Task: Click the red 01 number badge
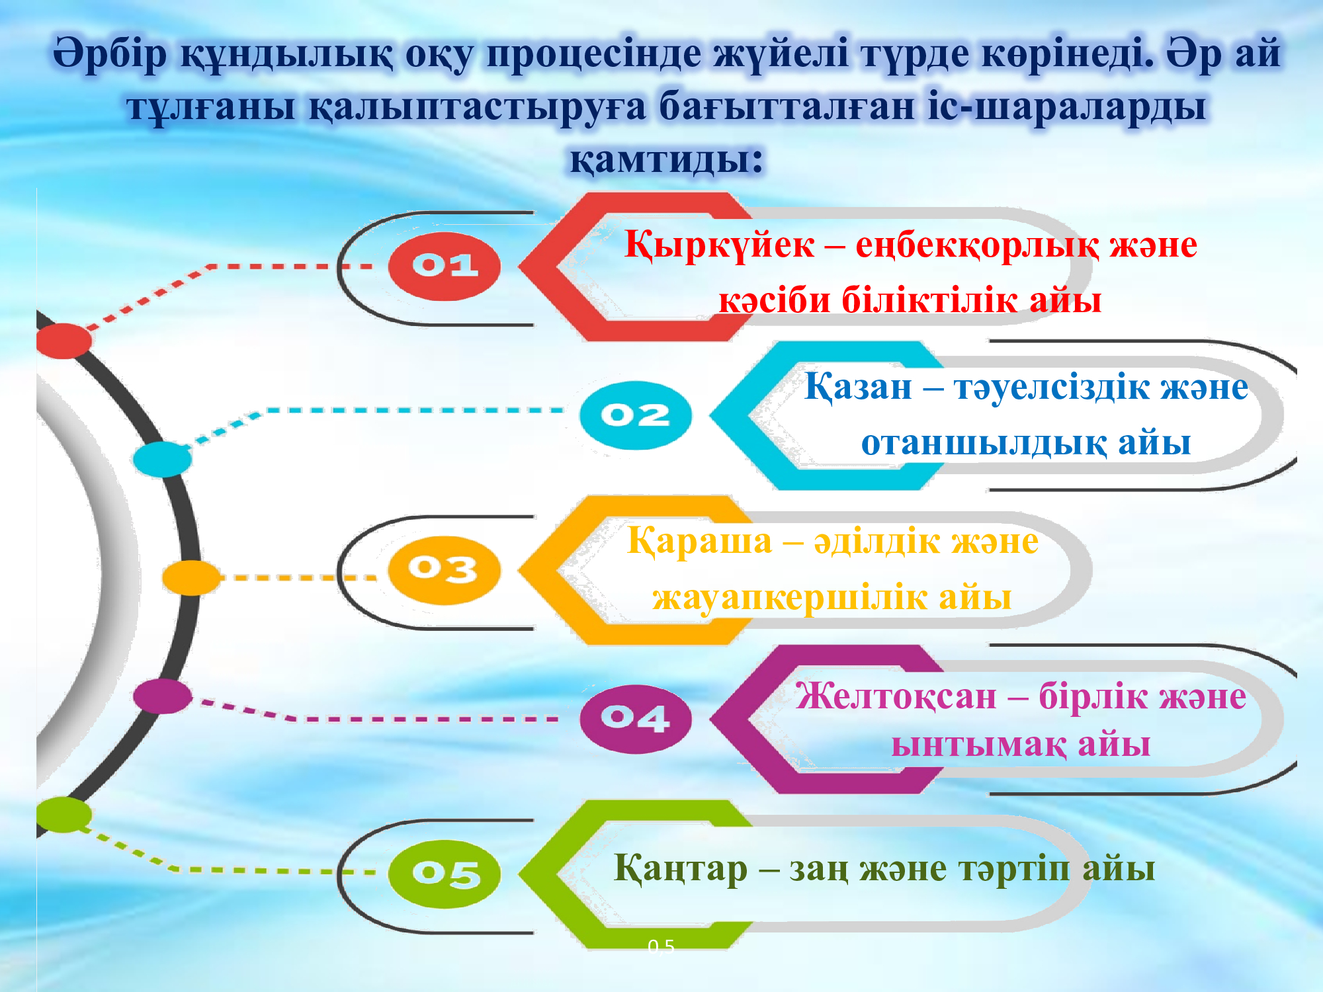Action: pyautogui.click(x=444, y=266)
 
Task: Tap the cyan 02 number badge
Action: pyautogui.click(x=635, y=415)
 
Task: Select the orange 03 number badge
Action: pyautogui.click(x=444, y=570)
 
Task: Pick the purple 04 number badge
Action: pyautogui.click(x=635, y=719)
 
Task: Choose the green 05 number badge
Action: pyautogui.click(x=444, y=874)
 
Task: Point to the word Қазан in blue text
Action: pyautogui.click(x=858, y=387)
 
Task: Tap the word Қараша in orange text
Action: pyautogui.click(x=700, y=542)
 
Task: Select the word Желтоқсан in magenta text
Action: pyautogui.click(x=896, y=697)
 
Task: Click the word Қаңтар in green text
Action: pyautogui.click(x=681, y=869)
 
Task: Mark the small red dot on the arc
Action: pyautogui.click(x=64, y=341)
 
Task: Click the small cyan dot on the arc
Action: pyautogui.click(x=162, y=460)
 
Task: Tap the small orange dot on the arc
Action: pyautogui.click(x=191, y=577)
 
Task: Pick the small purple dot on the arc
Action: pyautogui.click(x=162, y=696)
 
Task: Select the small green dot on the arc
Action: pyautogui.click(x=64, y=815)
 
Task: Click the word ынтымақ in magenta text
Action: pyautogui.click(x=979, y=745)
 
